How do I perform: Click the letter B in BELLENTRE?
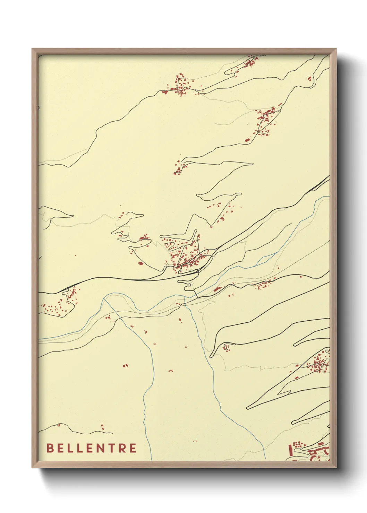coord(50,448)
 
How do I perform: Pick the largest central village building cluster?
coord(187,260)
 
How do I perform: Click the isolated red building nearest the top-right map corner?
coord(309,79)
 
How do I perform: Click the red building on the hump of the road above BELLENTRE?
coord(59,425)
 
